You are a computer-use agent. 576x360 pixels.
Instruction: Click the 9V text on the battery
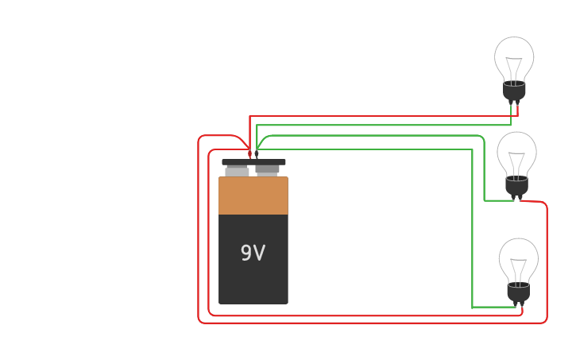[x=253, y=254]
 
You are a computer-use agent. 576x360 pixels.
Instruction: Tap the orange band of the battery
[x=253, y=195]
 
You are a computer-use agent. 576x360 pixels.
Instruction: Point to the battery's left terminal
[x=237, y=170]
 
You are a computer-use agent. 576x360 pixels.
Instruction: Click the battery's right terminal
[x=268, y=168]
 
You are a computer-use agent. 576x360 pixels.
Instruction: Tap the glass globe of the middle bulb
[x=516, y=151]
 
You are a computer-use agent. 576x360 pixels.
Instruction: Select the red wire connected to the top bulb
[x=381, y=116]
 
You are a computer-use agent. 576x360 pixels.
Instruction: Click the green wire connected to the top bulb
[x=381, y=125]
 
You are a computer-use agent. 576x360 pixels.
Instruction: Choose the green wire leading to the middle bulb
[x=381, y=136]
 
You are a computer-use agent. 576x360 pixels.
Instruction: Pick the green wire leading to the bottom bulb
[x=381, y=149]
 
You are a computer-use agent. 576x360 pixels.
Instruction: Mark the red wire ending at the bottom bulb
[x=358, y=315]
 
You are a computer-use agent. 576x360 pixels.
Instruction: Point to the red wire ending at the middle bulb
[x=358, y=323]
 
